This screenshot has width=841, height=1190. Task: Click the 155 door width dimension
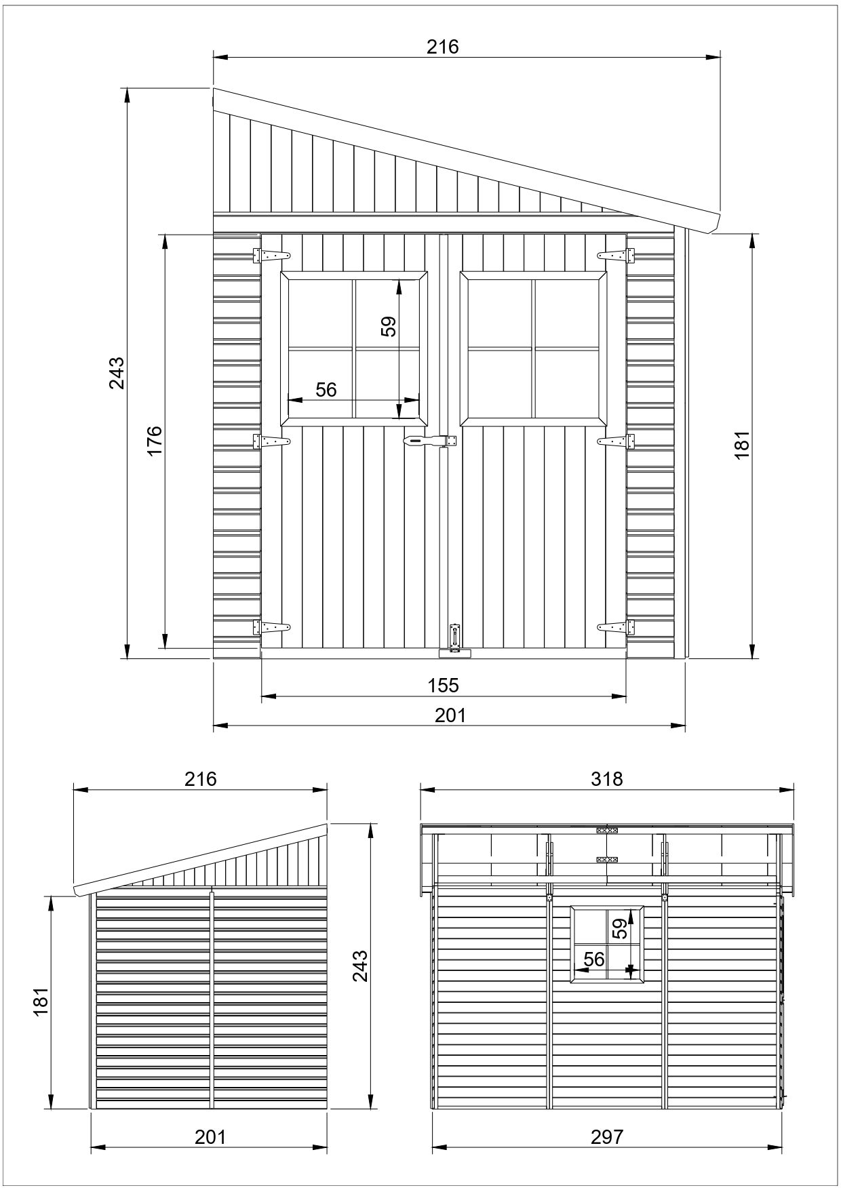[443, 686]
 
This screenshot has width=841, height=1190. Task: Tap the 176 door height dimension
[155, 441]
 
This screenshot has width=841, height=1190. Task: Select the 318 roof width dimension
[606, 779]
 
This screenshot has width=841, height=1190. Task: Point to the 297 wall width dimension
[606, 1136]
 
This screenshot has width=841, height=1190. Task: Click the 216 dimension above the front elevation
[442, 47]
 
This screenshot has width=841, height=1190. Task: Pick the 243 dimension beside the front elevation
[117, 372]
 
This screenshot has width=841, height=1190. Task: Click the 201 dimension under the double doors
[450, 715]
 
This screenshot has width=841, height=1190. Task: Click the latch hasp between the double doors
[429, 441]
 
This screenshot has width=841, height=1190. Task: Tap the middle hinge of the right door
[616, 441]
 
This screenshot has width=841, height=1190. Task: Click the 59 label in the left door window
[388, 326]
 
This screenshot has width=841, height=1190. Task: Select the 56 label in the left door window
[326, 389]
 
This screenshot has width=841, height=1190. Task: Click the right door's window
[534, 349]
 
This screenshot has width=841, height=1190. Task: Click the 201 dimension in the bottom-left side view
[210, 1136]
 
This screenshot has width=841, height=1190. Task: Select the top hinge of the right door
[616, 256]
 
